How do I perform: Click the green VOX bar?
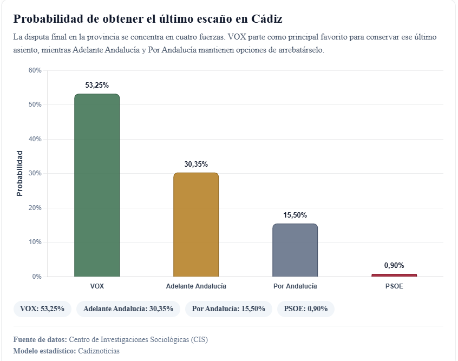pos(97,185)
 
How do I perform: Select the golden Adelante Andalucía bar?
pos(196,225)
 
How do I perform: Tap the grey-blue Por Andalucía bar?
pos(295,250)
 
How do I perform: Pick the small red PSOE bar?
pos(394,275)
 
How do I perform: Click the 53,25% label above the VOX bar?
pos(97,85)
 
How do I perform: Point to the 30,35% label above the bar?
pos(196,164)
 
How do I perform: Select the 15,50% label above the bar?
pos(295,215)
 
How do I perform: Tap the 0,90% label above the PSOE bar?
pos(394,265)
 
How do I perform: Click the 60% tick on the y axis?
pos(35,70)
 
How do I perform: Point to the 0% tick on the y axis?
pos(37,277)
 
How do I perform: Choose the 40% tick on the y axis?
pos(35,139)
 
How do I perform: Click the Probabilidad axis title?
pos(19,173)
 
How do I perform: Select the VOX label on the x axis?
pos(97,286)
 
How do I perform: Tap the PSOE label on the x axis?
pos(394,286)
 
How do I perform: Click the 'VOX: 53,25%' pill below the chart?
pos(42,309)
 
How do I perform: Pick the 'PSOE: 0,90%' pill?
pos(306,309)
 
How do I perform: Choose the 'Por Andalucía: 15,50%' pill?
pos(228,309)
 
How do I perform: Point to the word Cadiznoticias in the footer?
pos(99,351)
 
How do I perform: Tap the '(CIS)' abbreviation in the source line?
pos(198,340)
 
